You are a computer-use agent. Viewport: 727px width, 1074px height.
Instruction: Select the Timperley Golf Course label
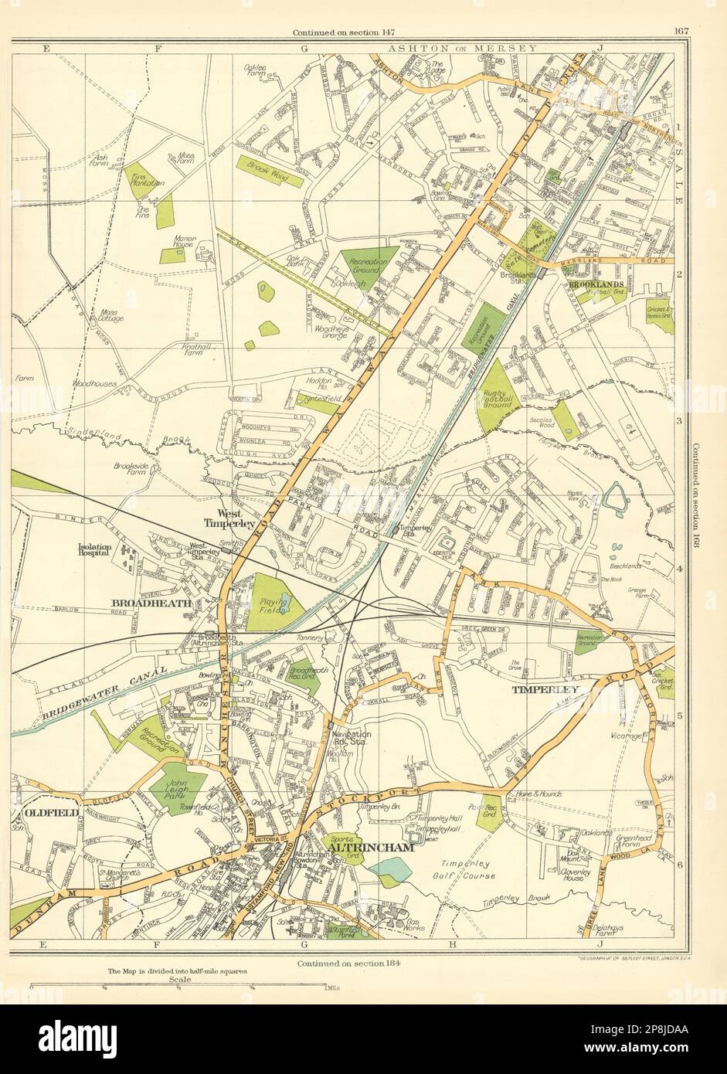[468, 870]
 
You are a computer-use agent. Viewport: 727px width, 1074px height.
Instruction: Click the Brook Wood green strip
[269, 172]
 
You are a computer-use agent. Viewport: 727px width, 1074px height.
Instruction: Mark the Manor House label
[185, 243]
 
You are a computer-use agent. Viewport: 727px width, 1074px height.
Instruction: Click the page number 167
[681, 31]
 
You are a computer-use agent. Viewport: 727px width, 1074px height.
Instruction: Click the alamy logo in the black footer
[78, 1039]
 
